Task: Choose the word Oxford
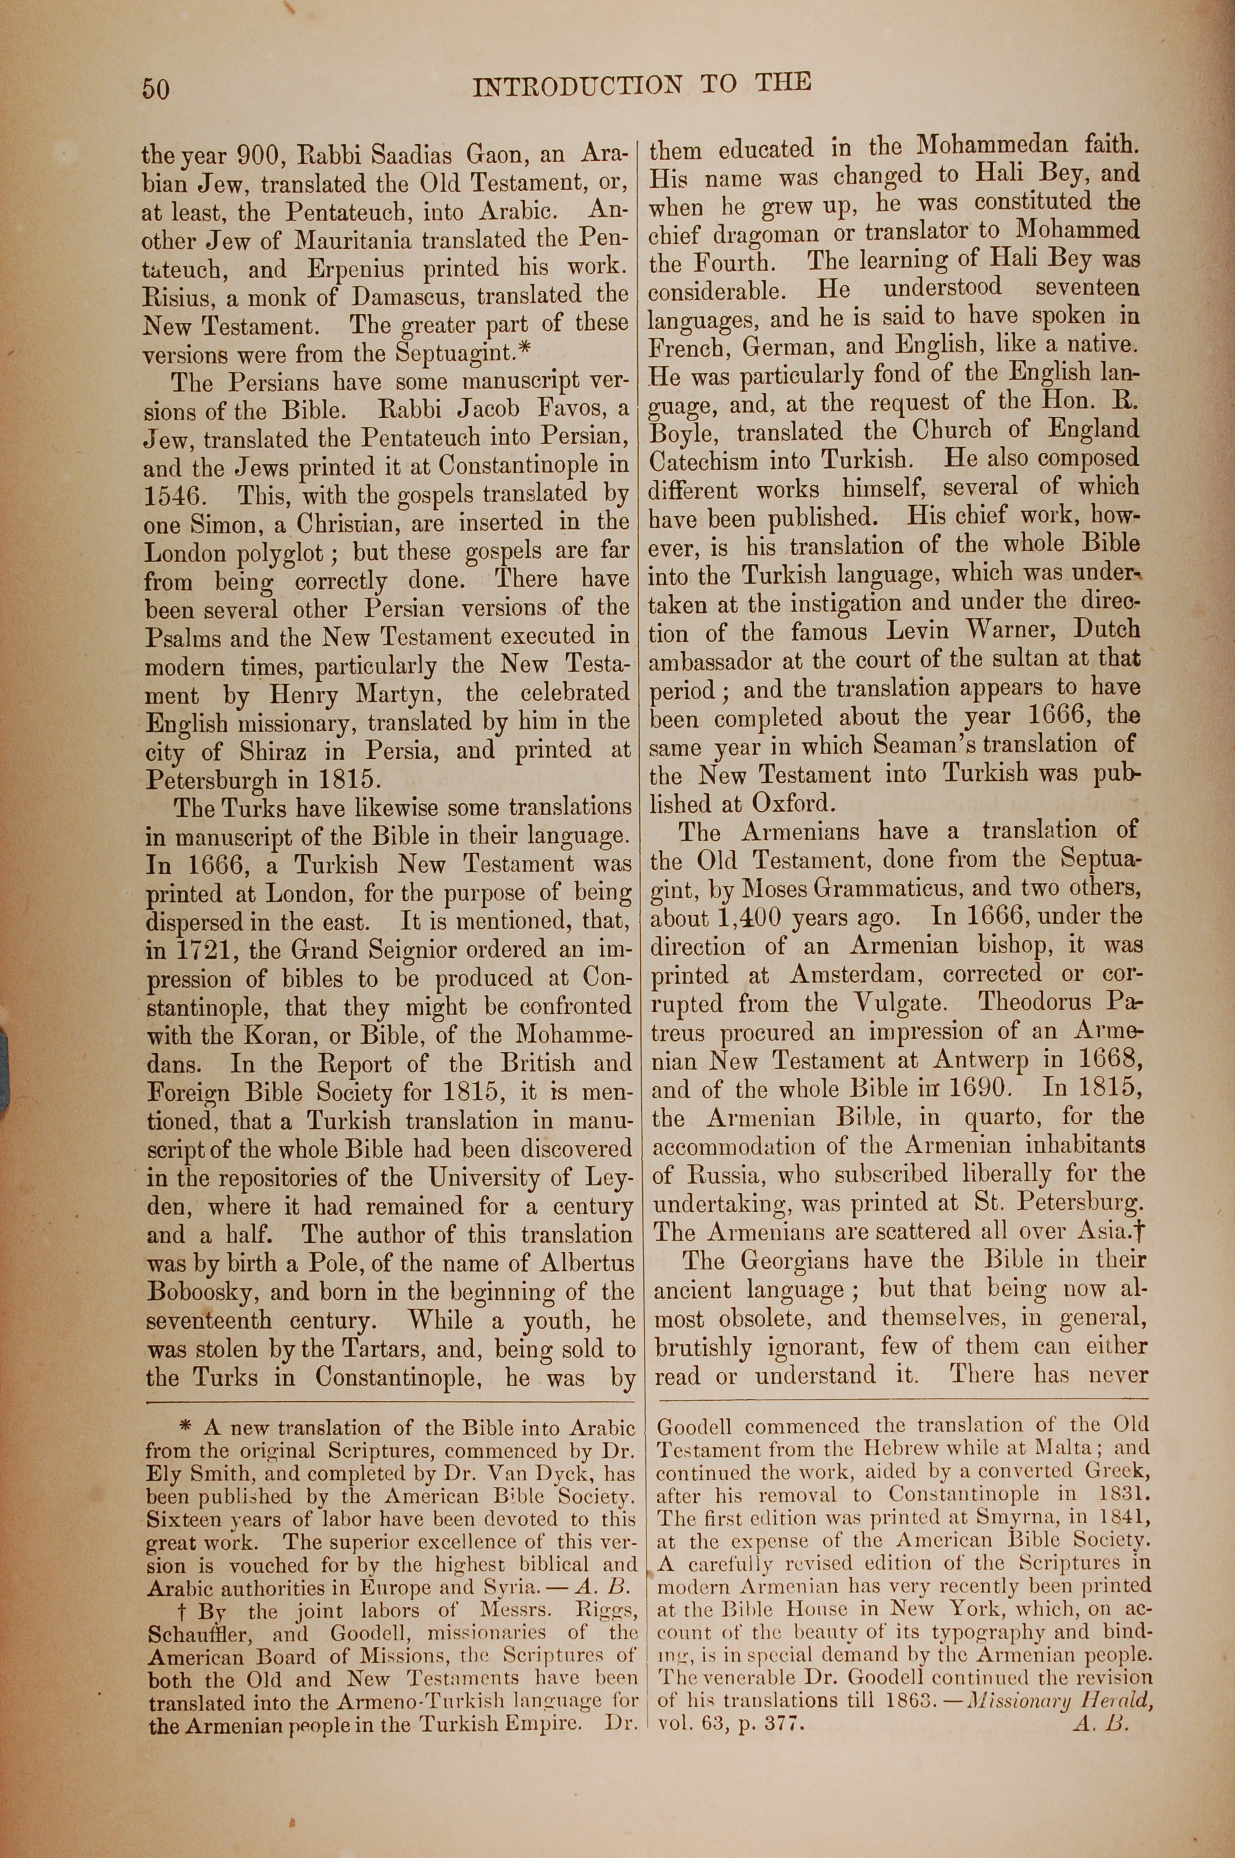(x=792, y=804)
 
